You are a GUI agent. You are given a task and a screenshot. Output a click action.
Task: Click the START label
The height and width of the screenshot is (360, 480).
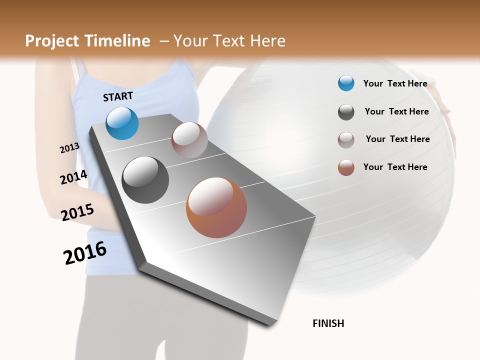click(118, 96)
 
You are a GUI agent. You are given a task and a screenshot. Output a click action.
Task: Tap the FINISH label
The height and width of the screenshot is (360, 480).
click(328, 323)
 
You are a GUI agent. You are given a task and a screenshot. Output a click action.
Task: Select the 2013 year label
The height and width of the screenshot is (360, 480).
click(69, 147)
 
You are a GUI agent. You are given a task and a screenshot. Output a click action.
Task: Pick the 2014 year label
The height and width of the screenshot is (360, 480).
click(73, 177)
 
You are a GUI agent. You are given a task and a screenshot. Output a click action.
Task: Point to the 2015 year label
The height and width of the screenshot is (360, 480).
click(77, 212)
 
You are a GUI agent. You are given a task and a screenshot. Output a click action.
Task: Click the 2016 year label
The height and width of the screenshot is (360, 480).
click(85, 252)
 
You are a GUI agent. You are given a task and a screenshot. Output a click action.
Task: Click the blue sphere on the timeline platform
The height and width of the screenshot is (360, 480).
click(122, 123)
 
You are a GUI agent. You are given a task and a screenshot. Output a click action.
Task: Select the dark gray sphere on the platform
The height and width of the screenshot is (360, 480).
click(145, 180)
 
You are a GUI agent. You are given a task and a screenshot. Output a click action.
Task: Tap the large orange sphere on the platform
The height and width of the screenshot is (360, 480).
click(216, 207)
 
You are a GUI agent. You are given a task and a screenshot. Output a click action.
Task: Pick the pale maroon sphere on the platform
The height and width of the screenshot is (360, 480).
click(189, 140)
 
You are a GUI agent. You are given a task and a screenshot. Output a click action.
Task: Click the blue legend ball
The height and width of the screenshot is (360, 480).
click(346, 83)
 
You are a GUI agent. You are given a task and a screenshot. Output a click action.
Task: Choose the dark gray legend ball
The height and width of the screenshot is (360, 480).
click(346, 112)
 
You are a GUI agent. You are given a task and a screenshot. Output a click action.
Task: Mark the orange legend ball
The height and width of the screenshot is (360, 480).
click(346, 168)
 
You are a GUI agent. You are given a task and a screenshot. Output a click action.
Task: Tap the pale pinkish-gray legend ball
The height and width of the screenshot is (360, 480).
click(346, 140)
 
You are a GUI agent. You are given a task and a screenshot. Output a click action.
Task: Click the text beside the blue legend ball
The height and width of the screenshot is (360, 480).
click(395, 83)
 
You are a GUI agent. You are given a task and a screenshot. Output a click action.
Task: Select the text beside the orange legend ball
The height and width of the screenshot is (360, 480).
click(395, 167)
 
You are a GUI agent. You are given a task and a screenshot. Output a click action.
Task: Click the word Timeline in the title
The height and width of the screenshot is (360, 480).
click(117, 41)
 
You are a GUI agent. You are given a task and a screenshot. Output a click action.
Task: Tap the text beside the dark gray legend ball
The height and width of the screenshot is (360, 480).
click(396, 111)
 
